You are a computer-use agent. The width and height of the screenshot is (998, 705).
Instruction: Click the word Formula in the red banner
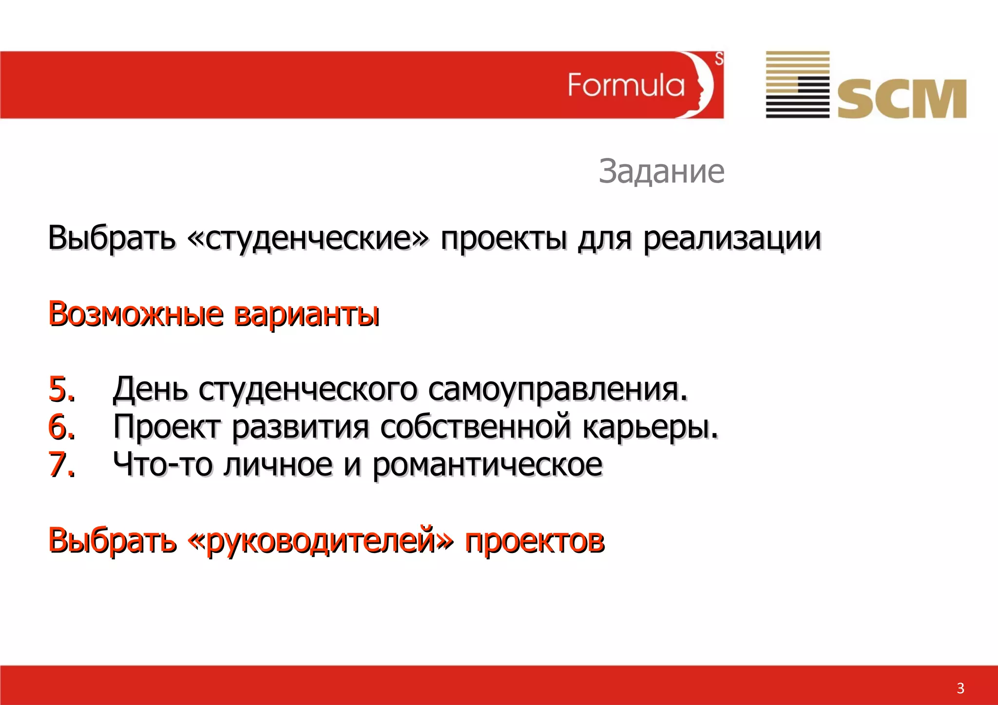(626, 85)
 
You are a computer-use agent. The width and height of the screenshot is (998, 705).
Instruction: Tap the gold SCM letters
(902, 99)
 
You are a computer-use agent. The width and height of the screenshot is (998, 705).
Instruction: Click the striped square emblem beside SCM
(797, 84)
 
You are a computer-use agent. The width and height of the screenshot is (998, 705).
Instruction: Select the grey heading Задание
(661, 171)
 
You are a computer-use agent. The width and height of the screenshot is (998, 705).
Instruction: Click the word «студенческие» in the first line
(308, 238)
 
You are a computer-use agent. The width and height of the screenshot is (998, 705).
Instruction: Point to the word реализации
(732, 238)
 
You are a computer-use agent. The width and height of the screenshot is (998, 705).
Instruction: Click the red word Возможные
(136, 314)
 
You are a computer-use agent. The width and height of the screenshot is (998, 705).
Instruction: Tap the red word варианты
(307, 314)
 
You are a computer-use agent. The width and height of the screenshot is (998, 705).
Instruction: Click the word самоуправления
(558, 389)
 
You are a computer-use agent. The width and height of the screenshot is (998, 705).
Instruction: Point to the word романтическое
(487, 464)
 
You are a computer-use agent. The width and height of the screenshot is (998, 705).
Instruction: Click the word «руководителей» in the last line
(321, 540)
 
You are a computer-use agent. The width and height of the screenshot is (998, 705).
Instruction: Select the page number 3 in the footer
(960, 688)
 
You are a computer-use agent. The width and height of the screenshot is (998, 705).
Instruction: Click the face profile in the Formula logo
(702, 85)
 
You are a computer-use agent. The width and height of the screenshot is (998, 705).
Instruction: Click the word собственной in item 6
(475, 427)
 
